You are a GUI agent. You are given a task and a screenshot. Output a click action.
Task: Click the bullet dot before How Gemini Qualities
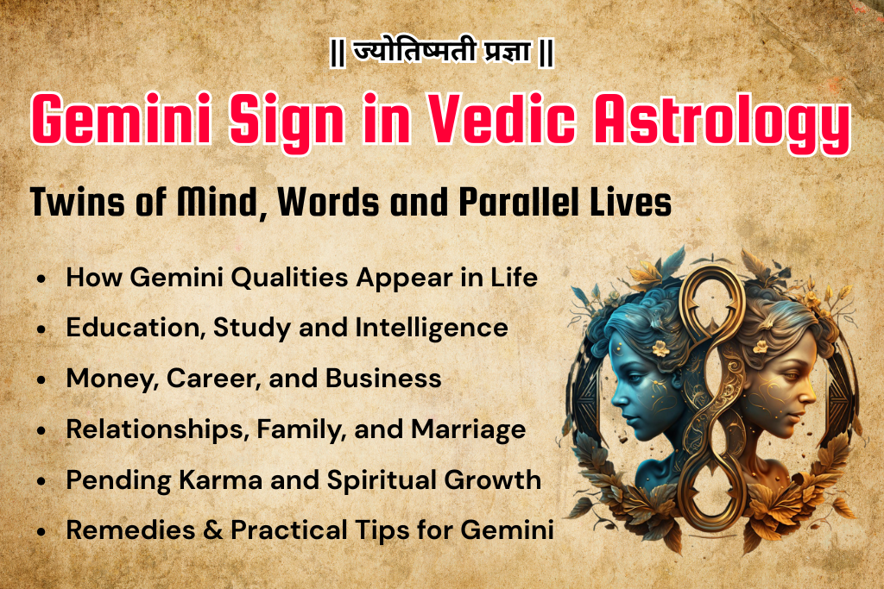pos(41,279)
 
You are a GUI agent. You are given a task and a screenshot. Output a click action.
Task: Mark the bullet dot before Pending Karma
pos(41,481)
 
